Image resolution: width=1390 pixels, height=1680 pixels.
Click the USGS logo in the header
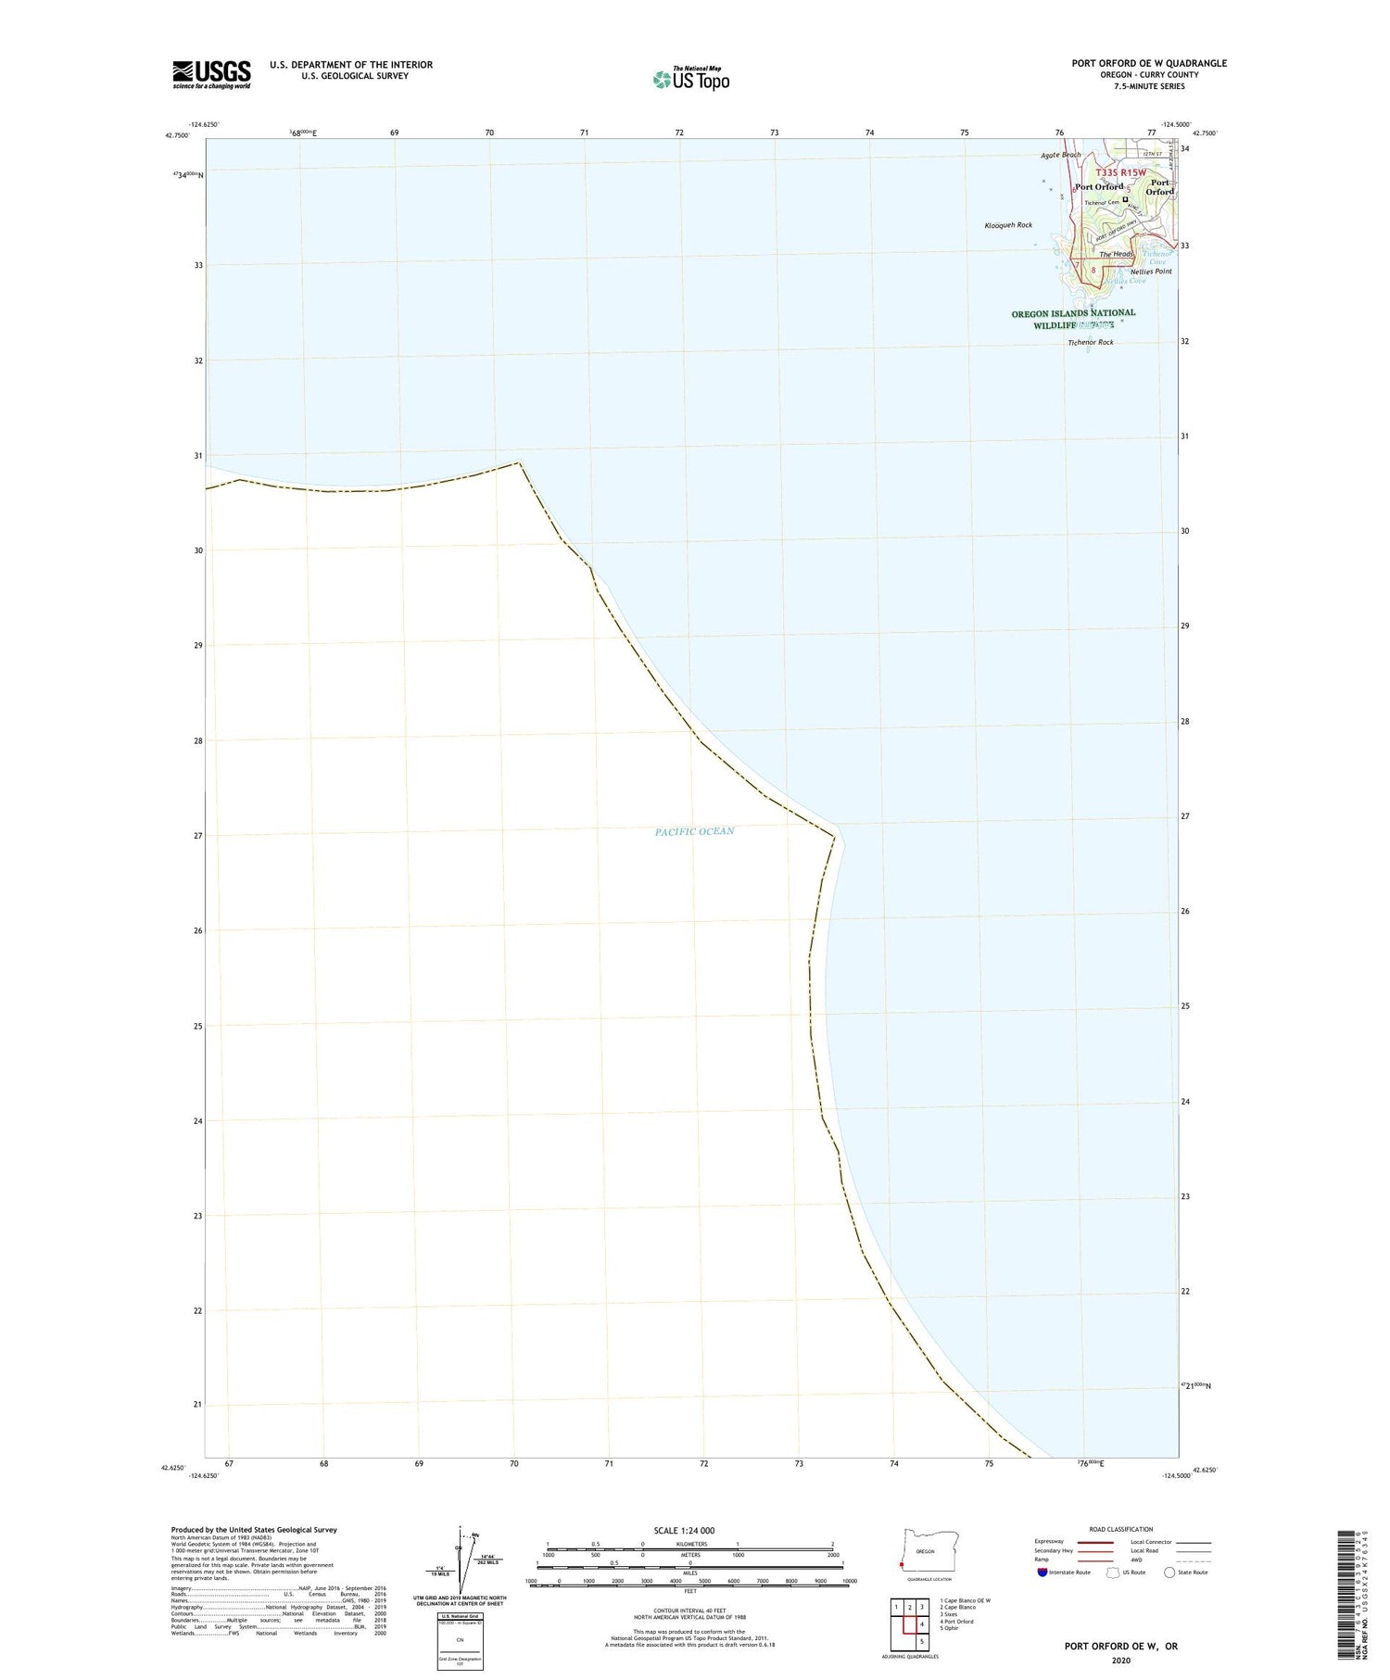[x=211, y=74]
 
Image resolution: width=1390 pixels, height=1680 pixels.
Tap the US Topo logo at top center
[x=691, y=79]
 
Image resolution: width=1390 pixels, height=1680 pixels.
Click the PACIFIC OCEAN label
[x=694, y=831]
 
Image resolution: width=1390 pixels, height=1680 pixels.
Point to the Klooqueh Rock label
[x=1008, y=225]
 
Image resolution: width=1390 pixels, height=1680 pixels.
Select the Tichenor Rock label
[x=1091, y=342]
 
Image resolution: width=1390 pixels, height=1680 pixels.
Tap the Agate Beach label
[x=1061, y=155]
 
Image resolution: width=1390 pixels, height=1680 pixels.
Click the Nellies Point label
[x=1151, y=272]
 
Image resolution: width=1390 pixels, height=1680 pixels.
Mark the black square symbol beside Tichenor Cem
[x=1126, y=199]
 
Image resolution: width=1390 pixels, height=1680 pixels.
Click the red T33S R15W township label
[x=1120, y=172]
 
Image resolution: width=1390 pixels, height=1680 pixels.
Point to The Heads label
[x=1116, y=254]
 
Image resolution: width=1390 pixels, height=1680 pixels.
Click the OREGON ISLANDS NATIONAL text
[x=1073, y=313]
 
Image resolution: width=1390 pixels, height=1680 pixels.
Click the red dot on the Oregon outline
[x=901, y=1565]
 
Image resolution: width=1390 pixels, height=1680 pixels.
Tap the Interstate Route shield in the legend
[x=1042, y=1572]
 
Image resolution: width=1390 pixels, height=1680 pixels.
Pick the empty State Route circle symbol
[x=1169, y=1572]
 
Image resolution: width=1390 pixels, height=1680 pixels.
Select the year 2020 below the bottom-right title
[x=1120, y=1661]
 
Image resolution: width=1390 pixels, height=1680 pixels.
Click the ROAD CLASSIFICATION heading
[x=1120, y=1529]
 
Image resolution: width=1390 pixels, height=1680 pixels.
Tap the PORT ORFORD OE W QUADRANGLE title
[x=1149, y=63]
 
